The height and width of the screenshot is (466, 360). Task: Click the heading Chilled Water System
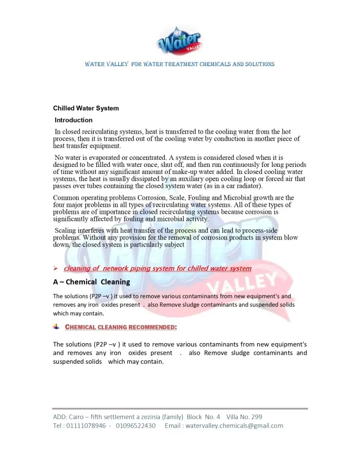point(86,108)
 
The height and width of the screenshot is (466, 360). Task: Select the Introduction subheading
point(74,120)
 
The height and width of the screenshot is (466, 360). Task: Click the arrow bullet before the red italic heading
point(55,269)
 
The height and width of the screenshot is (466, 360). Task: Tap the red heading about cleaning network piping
point(157,269)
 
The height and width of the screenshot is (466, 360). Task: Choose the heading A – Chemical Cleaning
point(91,282)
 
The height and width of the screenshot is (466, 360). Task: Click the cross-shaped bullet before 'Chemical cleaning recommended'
point(56,326)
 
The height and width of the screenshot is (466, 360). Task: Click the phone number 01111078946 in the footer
point(87,426)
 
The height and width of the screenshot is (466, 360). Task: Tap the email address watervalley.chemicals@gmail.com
point(234,426)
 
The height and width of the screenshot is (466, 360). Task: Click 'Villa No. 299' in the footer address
point(244,417)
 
